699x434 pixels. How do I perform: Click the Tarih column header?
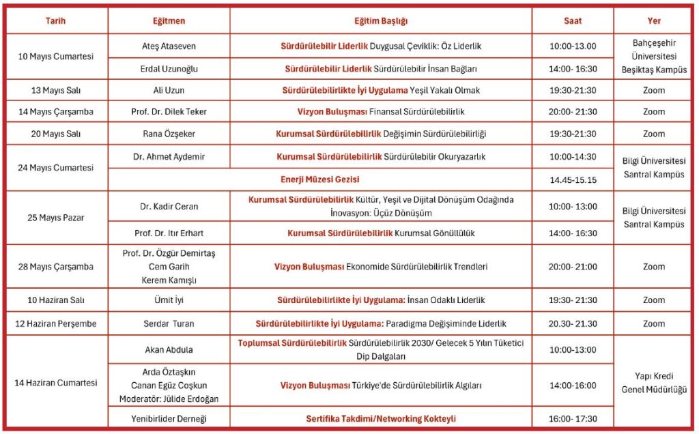pyautogui.click(x=55, y=21)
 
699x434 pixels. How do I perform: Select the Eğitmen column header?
pyautogui.click(x=169, y=21)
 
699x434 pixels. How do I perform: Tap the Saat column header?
pyautogui.click(x=573, y=21)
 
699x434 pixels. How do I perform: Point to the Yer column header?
pyautogui.click(x=653, y=21)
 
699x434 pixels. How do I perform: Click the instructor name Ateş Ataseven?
pyautogui.click(x=169, y=46)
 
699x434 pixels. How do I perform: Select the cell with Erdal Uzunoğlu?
pyautogui.click(x=169, y=69)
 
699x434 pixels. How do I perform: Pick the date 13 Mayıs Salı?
pyautogui.click(x=55, y=91)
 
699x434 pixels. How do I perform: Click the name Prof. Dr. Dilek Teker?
pyautogui.click(x=169, y=112)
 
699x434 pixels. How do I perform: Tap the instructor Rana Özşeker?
pyautogui.click(x=169, y=134)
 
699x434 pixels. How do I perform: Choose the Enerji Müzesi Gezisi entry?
pyautogui.click(x=320, y=180)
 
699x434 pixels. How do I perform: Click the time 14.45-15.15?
pyautogui.click(x=573, y=180)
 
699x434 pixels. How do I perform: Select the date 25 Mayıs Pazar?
pyautogui.click(x=55, y=218)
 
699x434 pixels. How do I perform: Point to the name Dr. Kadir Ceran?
pyautogui.click(x=169, y=206)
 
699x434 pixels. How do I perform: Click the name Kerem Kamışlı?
pyautogui.click(x=169, y=280)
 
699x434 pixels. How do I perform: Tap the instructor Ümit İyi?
pyautogui.click(x=169, y=300)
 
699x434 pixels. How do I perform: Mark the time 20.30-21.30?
pyautogui.click(x=573, y=323)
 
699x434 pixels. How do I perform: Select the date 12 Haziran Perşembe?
pyautogui.click(x=55, y=323)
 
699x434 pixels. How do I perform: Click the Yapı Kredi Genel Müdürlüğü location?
pyautogui.click(x=653, y=383)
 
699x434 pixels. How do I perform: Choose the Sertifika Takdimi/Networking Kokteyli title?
pyautogui.click(x=381, y=418)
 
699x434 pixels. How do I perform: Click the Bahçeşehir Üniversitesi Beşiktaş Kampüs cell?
pyautogui.click(x=653, y=57)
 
